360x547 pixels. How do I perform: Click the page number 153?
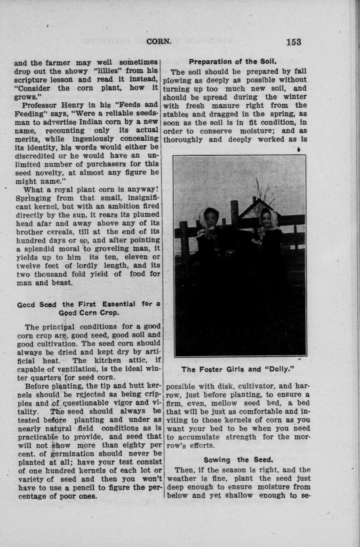point(292,42)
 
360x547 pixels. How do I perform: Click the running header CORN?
point(159,42)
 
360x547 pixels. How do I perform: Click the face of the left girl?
point(208,217)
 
